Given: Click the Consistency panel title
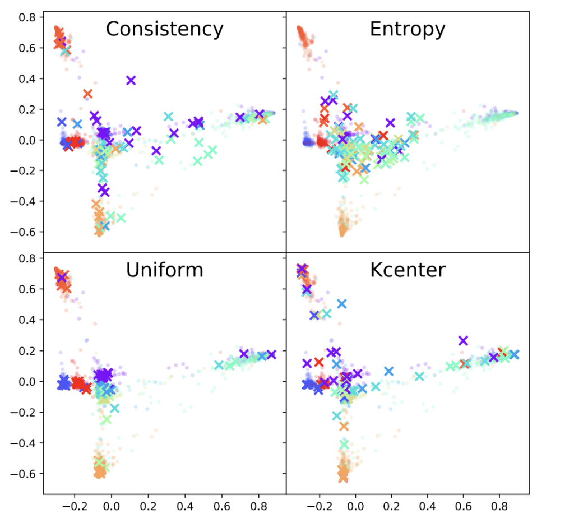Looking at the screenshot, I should click(x=164, y=29).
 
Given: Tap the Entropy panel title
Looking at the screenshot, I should click(x=407, y=29).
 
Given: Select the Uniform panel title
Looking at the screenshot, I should click(x=164, y=270).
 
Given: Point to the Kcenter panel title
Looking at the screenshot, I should click(x=407, y=270).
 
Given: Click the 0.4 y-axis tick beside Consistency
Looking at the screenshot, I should click(x=27, y=78).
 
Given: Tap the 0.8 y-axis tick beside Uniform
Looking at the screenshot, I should click(x=27, y=258).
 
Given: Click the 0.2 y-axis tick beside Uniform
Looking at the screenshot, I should click(x=27, y=351).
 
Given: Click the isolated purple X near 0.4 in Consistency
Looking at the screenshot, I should click(x=131, y=80).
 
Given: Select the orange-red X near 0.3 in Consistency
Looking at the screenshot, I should click(x=87, y=94).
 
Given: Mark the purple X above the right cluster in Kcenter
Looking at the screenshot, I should click(x=463, y=340).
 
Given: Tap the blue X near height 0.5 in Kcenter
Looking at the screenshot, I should click(x=341, y=304).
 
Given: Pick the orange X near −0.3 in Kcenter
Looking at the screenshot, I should click(x=344, y=427).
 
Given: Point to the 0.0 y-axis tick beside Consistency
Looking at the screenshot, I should click(x=27, y=140).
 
